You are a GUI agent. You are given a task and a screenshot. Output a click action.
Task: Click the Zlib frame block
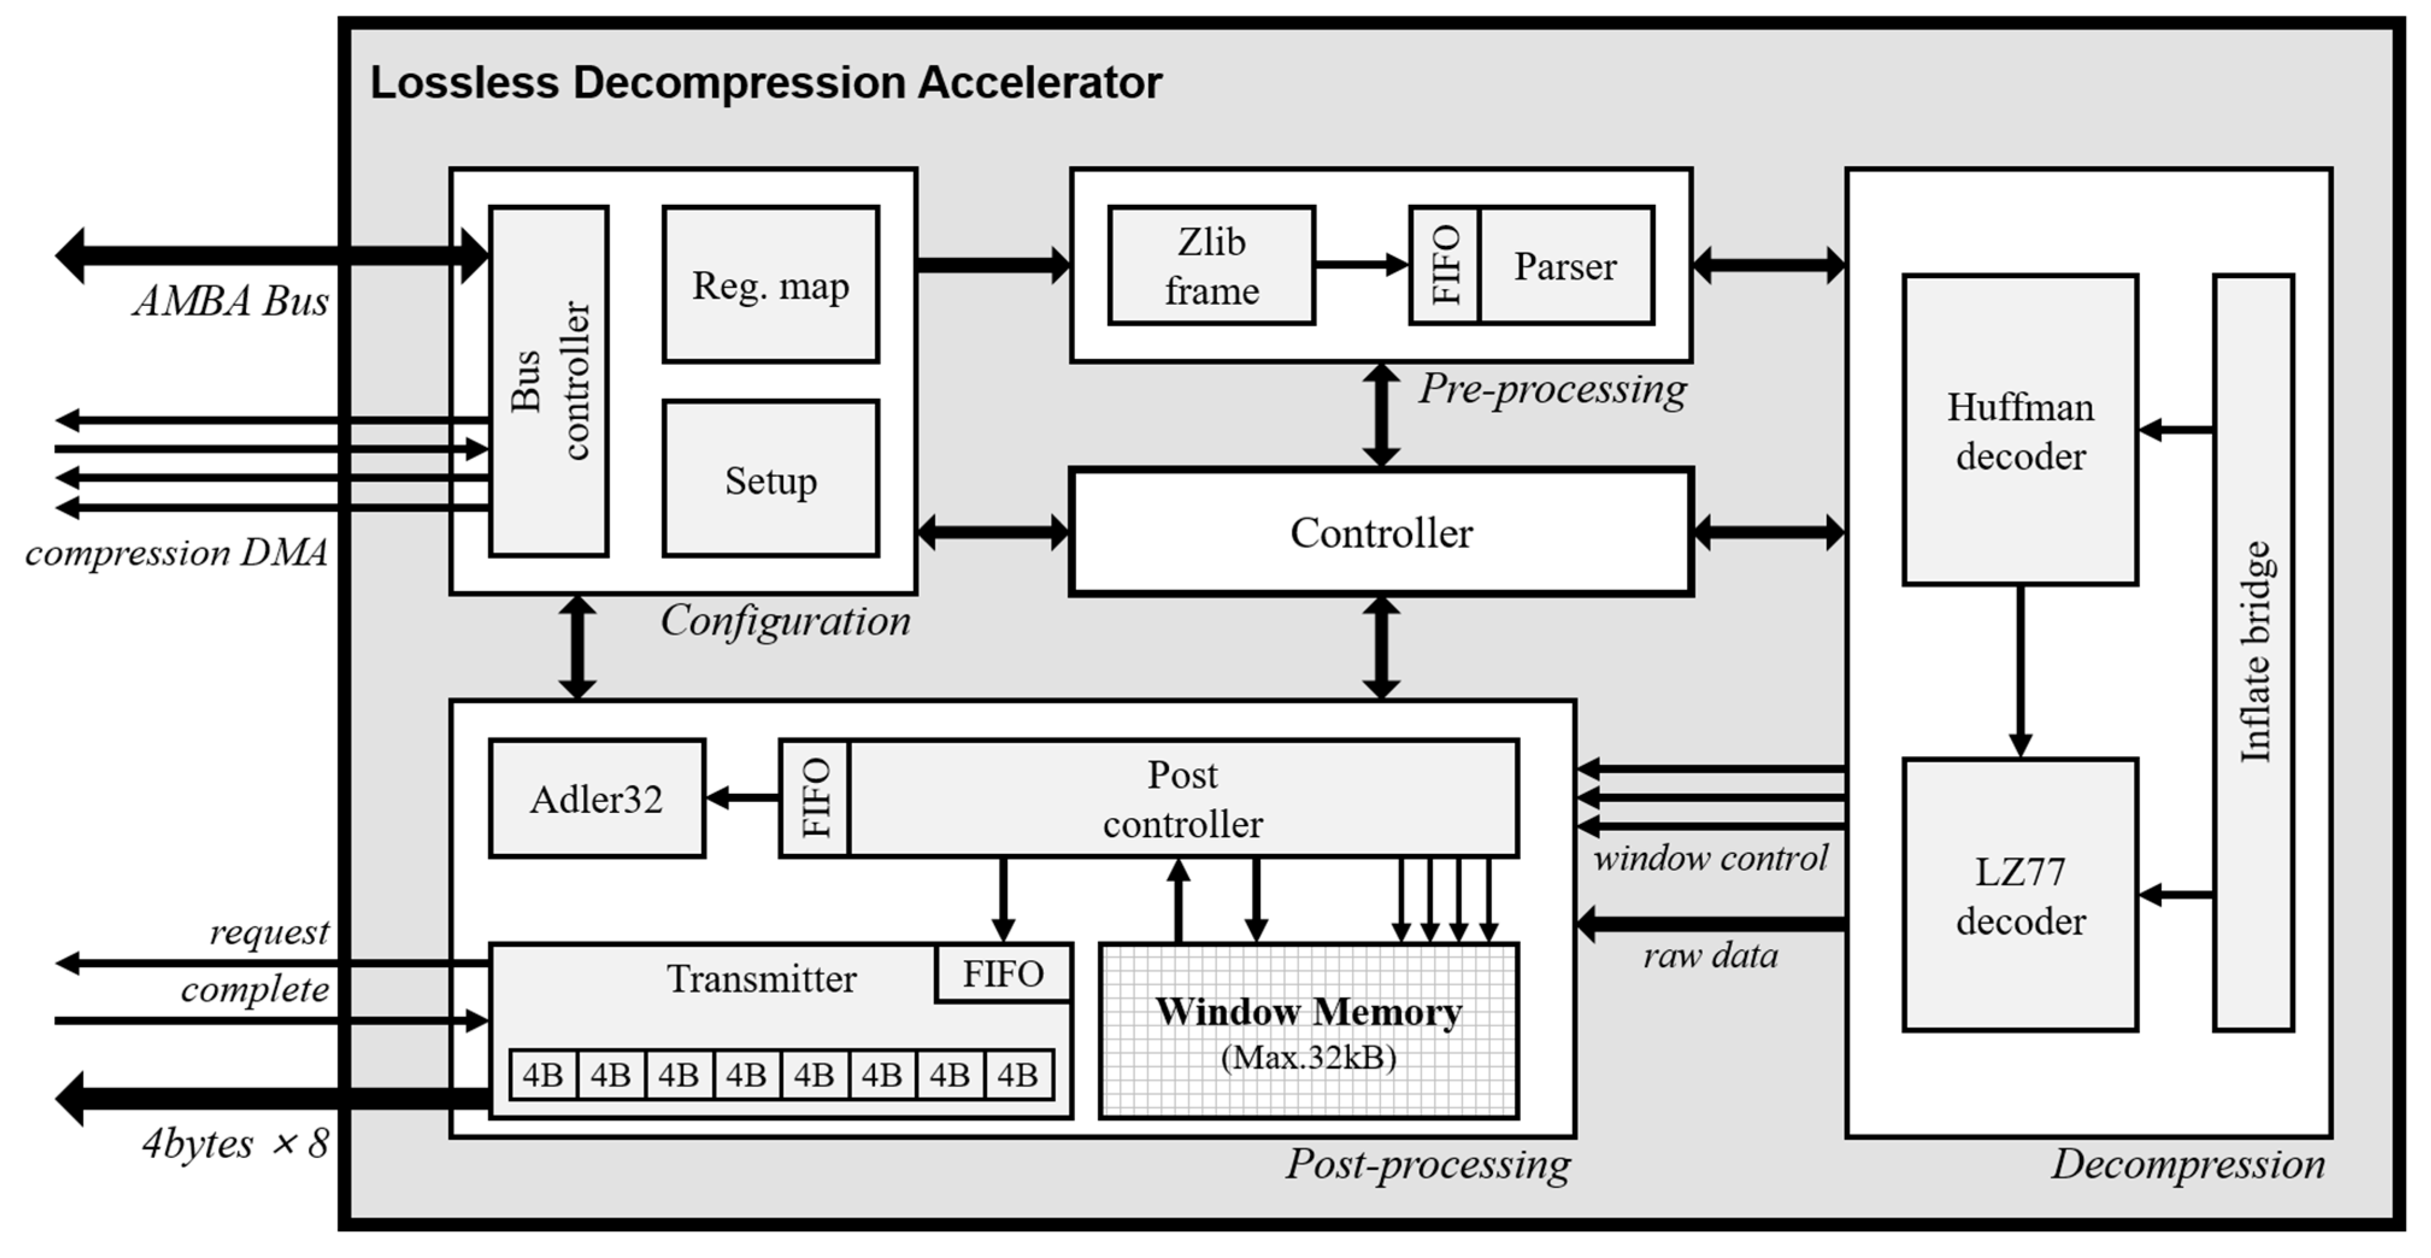click(1212, 265)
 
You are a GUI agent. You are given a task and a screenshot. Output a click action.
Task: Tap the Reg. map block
click(771, 284)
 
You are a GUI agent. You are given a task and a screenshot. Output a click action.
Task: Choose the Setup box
click(771, 479)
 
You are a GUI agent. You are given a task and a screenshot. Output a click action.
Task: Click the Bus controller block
click(548, 381)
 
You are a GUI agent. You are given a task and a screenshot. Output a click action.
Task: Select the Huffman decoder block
click(2020, 431)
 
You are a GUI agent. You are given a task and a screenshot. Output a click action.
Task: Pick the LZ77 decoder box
click(2020, 895)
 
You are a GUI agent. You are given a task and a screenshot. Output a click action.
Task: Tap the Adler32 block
click(596, 799)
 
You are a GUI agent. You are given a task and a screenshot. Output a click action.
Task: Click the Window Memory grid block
click(1309, 1030)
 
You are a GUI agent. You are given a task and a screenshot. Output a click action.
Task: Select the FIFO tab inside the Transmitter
click(1003, 973)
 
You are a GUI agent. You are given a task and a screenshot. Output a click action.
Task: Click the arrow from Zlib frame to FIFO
click(1362, 264)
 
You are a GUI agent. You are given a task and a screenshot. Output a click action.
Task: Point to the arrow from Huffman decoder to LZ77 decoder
click(2020, 671)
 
